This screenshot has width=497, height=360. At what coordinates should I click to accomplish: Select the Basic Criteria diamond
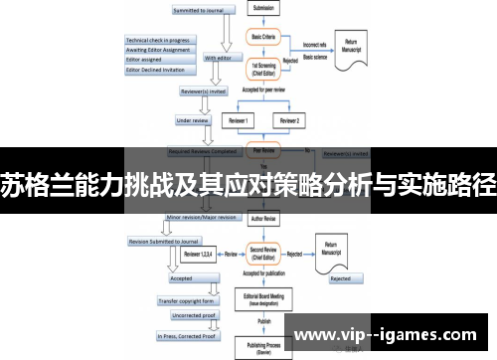pos(262,35)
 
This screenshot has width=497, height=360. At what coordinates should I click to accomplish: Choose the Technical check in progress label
pos(157,41)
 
